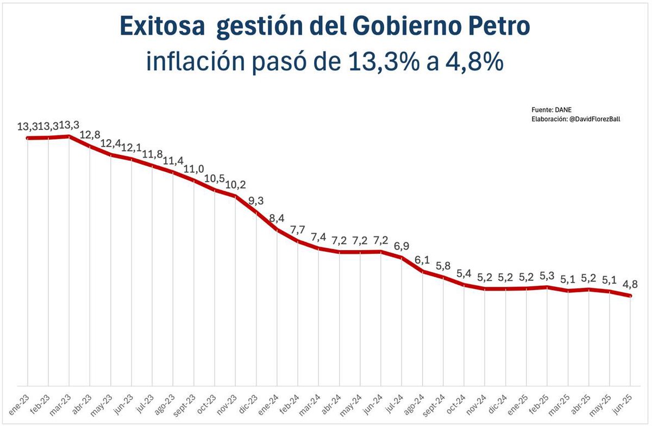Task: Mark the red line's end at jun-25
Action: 630,296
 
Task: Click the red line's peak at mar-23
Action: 69,136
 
